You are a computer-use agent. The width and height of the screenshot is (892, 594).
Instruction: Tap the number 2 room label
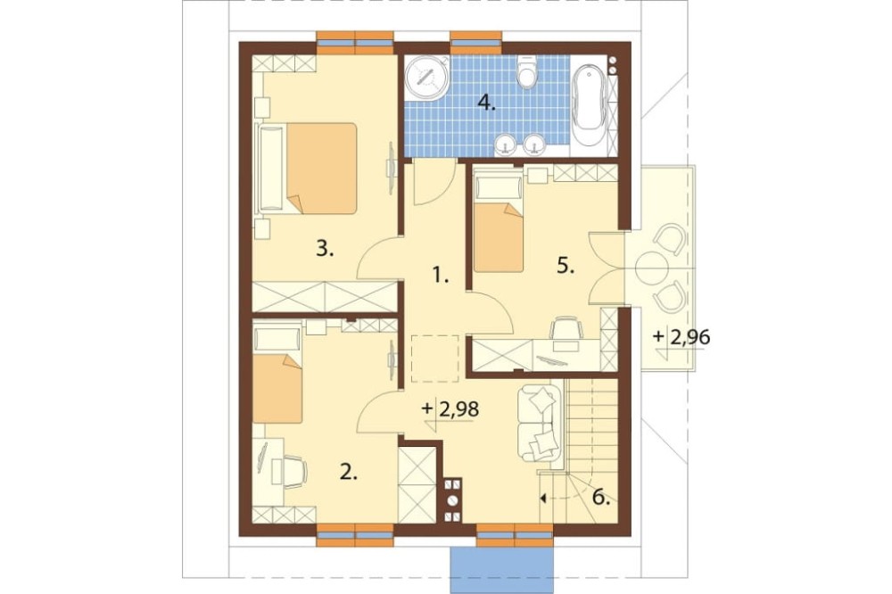pyautogui.click(x=349, y=472)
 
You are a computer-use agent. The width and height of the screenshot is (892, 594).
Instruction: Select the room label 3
pyautogui.click(x=325, y=249)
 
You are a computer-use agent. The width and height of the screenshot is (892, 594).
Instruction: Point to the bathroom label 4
pyautogui.click(x=486, y=103)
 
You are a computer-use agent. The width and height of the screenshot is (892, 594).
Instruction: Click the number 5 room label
pyautogui.click(x=566, y=266)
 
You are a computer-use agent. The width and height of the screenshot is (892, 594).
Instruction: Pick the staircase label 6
pyautogui.click(x=602, y=498)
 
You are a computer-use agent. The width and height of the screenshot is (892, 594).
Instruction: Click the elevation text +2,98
pyautogui.click(x=450, y=409)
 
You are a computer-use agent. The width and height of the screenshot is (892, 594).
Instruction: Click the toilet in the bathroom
pyautogui.click(x=527, y=71)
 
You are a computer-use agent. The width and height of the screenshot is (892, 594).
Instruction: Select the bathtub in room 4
pyautogui.click(x=589, y=109)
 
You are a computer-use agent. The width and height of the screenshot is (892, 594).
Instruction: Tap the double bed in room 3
pyautogui.click(x=309, y=169)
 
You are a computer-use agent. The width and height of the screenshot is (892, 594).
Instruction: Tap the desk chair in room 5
pyautogui.click(x=566, y=328)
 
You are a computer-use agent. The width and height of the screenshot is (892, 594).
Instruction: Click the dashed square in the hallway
pyautogui.click(x=434, y=359)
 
